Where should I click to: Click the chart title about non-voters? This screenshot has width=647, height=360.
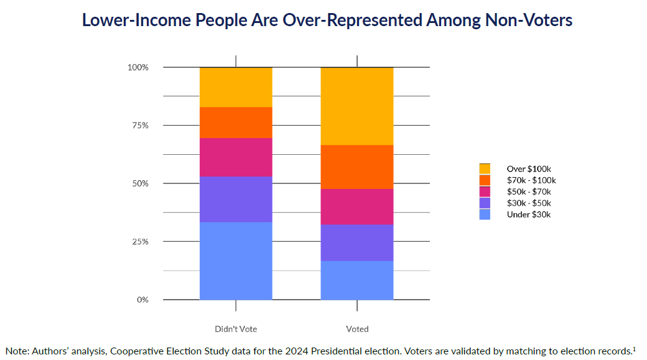click(327, 20)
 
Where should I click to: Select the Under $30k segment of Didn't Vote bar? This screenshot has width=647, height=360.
click(236, 261)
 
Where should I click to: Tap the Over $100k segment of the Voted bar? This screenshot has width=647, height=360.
click(357, 106)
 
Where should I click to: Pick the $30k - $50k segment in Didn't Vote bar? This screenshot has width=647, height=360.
click(236, 199)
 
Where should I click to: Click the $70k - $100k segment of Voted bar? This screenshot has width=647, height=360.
click(357, 167)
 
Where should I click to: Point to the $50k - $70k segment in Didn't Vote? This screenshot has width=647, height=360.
click(236, 157)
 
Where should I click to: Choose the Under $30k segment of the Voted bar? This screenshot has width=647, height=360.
click(357, 280)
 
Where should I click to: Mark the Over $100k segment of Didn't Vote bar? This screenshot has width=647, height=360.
click(236, 87)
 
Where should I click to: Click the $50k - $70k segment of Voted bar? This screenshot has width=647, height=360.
click(357, 206)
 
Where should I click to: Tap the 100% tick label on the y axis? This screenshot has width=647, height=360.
click(138, 67)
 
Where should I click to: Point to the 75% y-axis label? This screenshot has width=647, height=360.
click(140, 126)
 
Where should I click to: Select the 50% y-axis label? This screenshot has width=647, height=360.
click(140, 183)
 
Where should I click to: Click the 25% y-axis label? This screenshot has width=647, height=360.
click(140, 242)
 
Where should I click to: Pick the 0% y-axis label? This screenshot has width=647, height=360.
click(142, 300)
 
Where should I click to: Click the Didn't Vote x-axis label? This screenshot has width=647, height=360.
click(236, 329)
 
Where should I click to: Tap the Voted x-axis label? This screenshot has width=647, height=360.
click(357, 329)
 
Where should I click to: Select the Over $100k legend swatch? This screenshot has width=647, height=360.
click(485, 168)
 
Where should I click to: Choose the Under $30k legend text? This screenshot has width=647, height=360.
click(529, 215)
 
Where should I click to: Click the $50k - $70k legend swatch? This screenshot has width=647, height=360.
click(485, 192)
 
